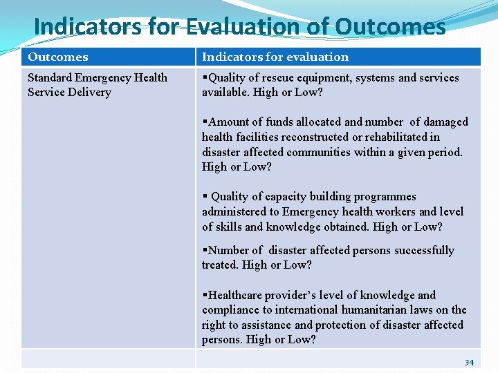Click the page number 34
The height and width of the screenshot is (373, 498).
469,363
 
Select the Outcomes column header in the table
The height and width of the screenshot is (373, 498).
58,57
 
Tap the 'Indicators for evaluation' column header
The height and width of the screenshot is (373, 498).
275,57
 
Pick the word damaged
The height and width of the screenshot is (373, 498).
443,122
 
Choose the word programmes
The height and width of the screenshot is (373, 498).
384,197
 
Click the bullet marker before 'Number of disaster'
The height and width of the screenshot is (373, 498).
205,251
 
